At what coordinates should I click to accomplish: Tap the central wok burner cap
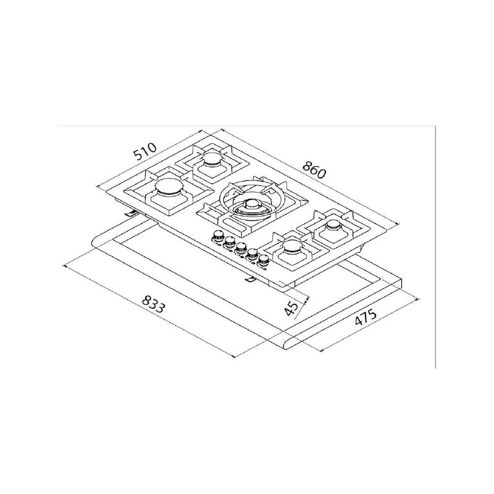[x=250, y=206]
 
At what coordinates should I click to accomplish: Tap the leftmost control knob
[x=217, y=236]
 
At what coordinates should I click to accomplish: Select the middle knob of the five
[x=241, y=247]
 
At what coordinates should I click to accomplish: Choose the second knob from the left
[x=228, y=241]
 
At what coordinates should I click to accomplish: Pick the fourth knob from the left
[x=253, y=253]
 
